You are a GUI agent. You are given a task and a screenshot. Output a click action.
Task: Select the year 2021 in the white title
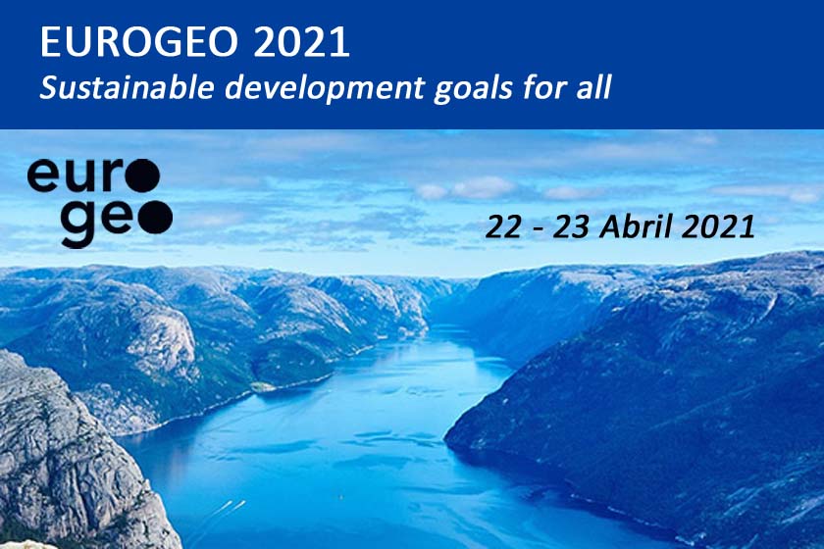(x=302, y=41)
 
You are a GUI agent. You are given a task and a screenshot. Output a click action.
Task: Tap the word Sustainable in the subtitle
(x=128, y=87)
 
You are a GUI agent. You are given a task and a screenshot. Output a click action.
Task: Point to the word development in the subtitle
(x=325, y=88)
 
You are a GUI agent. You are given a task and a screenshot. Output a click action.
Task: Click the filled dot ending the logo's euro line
(x=142, y=175)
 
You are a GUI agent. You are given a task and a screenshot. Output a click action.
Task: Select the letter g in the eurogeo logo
(x=78, y=224)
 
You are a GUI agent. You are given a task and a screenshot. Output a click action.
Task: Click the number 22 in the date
(x=503, y=227)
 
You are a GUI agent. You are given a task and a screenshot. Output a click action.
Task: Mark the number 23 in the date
(x=570, y=227)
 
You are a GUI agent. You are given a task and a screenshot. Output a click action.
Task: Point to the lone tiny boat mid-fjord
(x=341, y=495)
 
